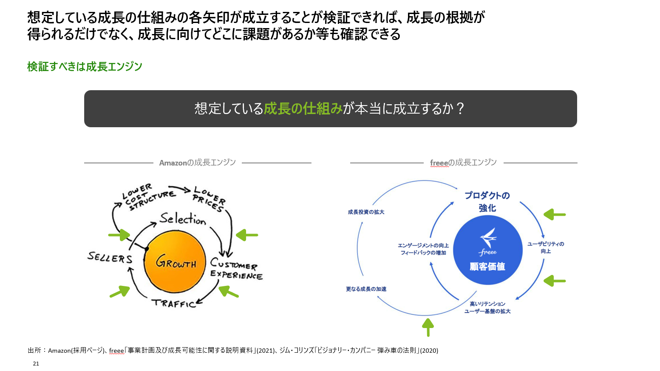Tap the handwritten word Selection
(x=183, y=219)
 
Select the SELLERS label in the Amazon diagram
(x=110, y=257)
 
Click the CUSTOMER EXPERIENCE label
(x=236, y=269)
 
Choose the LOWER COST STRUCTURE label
(x=147, y=197)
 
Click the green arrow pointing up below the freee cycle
(x=428, y=328)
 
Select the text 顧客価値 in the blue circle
(x=487, y=267)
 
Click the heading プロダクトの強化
(x=487, y=202)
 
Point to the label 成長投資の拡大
(x=366, y=212)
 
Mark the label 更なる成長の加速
(x=366, y=289)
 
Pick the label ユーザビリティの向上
(x=546, y=248)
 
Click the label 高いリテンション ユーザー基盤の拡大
(x=487, y=308)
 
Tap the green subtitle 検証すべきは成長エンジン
(x=85, y=67)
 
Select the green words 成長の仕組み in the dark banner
(x=303, y=109)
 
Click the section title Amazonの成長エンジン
(x=197, y=163)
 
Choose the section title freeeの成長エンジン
(x=463, y=163)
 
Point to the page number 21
(x=36, y=363)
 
